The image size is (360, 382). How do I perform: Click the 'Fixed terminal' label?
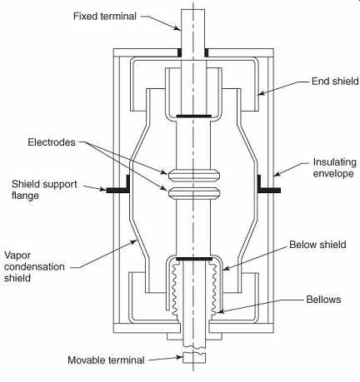coord(105,16)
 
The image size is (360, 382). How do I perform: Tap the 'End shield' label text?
coord(335,82)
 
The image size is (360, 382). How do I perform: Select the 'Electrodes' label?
coord(52,142)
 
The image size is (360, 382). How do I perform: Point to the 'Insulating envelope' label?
coord(334,167)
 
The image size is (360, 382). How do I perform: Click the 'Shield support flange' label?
coord(44,190)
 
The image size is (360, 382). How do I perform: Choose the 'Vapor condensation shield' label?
coord(34,266)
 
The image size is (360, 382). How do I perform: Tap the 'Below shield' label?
coord(317,245)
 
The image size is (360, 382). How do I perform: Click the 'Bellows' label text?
coord(323,300)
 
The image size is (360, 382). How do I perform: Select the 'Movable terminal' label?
coord(106,360)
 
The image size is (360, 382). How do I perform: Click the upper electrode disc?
coord(194,176)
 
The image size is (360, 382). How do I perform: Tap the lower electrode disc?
coord(194,193)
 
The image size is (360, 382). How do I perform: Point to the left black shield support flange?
coord(118,186)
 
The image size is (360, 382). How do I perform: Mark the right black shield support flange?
coord(268,186)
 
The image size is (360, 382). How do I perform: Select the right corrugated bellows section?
coord(214,290)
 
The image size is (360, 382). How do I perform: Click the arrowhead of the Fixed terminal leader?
coord(177,28)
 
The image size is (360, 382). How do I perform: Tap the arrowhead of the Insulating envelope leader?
coord(276,175)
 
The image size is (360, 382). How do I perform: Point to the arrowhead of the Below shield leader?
coord(225,269)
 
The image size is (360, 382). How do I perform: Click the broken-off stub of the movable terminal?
coord(194,358)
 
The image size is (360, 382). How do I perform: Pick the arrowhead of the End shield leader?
coord(260,94)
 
